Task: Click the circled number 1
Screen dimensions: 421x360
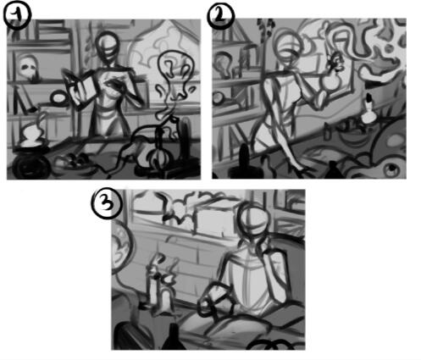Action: (x=17, y=16)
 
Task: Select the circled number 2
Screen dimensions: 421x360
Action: (x=220, y=16)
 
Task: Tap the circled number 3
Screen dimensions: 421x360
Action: (x=106, y=203)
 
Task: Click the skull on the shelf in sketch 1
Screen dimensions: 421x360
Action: (x=28, y=67)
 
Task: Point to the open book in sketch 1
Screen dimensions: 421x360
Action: (x=80, y=87)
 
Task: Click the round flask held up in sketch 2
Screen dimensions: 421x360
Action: (x=331, y=82)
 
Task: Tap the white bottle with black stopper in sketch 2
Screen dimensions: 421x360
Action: (x=368, y=112)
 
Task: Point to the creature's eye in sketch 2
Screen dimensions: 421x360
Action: (x=391, y=169)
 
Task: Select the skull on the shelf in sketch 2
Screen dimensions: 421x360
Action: (x=224, y=64)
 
